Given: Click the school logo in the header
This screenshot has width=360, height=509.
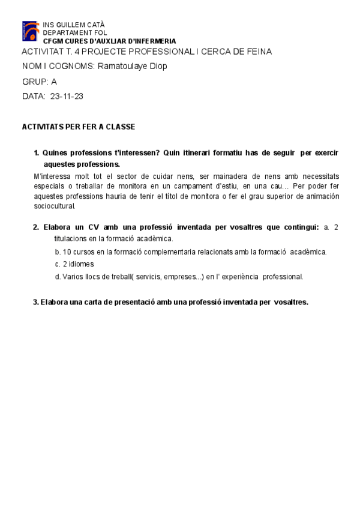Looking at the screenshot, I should pos(31,31).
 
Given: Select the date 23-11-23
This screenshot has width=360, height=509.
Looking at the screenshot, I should pos(67,96).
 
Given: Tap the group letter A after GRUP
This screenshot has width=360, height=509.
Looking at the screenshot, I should pos(54,81).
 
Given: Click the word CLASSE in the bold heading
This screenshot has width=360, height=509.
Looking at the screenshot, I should pos(121,127).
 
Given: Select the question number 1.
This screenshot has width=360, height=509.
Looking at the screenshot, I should pos(37,153).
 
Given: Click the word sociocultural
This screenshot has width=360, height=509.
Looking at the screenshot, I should pos(55,206).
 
